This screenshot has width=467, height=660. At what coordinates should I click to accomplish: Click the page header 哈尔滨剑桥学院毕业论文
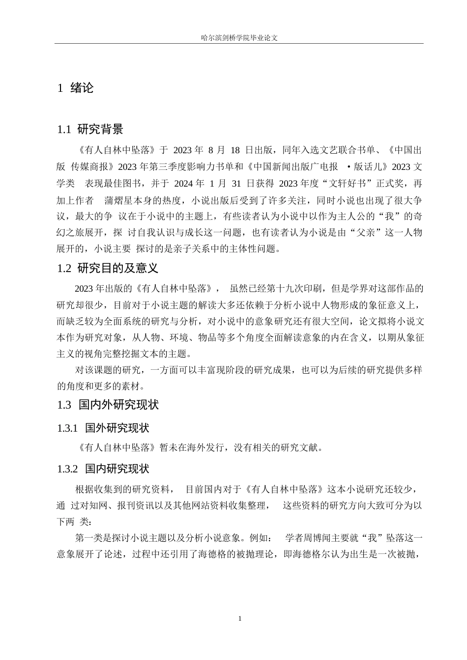tap(239, 37)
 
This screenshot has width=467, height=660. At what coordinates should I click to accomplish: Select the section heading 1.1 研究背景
tap(90, 130)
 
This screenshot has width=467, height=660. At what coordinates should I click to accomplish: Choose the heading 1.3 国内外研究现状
tap(108, 405)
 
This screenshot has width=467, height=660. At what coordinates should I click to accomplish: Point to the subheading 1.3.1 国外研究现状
tap(103, 428)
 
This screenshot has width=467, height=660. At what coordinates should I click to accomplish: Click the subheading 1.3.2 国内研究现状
tap(103, 469)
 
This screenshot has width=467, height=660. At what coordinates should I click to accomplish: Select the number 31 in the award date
tap(236, 184)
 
